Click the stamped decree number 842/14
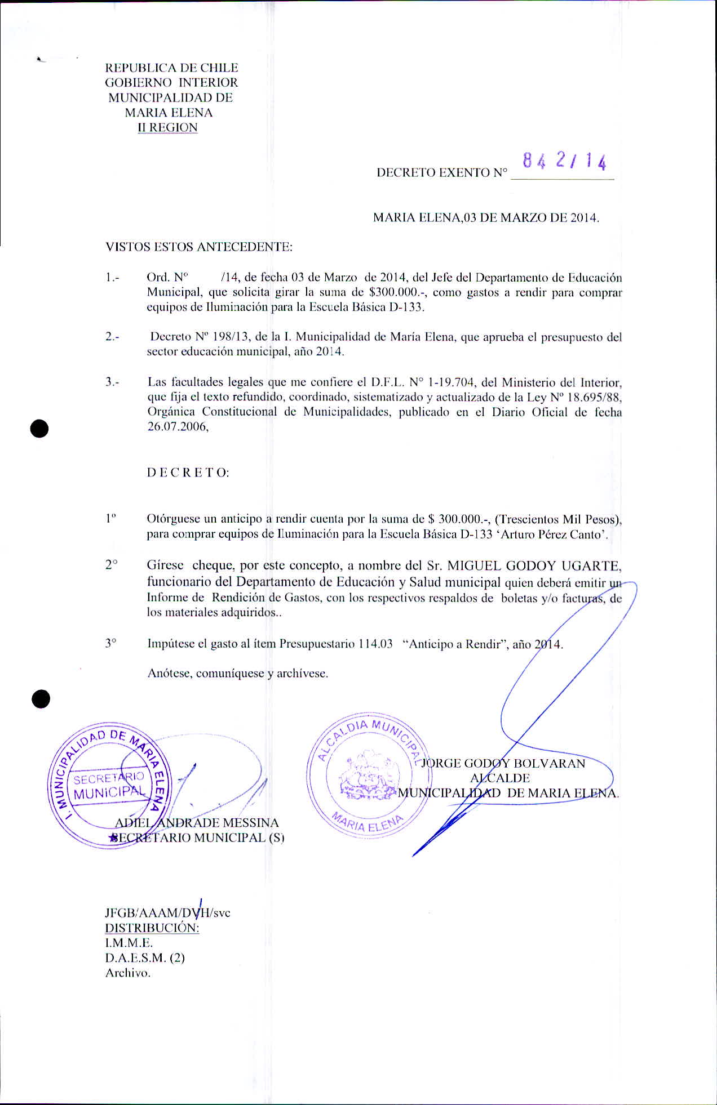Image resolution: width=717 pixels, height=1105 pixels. [564, 162]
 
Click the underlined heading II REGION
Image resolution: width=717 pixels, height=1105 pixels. [168, 128]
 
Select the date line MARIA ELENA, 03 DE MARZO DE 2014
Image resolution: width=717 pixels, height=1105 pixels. [486, 218]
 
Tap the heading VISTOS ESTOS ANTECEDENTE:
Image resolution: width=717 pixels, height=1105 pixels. [199, 247]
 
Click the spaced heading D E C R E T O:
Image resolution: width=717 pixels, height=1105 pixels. [188, 473]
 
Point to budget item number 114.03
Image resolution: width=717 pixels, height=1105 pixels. [375, 644]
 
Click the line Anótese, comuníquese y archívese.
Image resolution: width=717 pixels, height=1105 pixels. [237, 673]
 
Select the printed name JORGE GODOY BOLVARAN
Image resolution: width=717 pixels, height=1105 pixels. [503, 764]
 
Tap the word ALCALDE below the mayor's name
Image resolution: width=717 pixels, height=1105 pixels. [500, 778]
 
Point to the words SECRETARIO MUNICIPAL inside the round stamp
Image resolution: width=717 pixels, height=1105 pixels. [109, 786]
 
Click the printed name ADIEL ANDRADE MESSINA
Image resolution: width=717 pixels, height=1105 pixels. [197, 823]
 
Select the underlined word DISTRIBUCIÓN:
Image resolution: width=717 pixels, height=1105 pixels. [152, 928]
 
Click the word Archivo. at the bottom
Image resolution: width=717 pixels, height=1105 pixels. [128, 973]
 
